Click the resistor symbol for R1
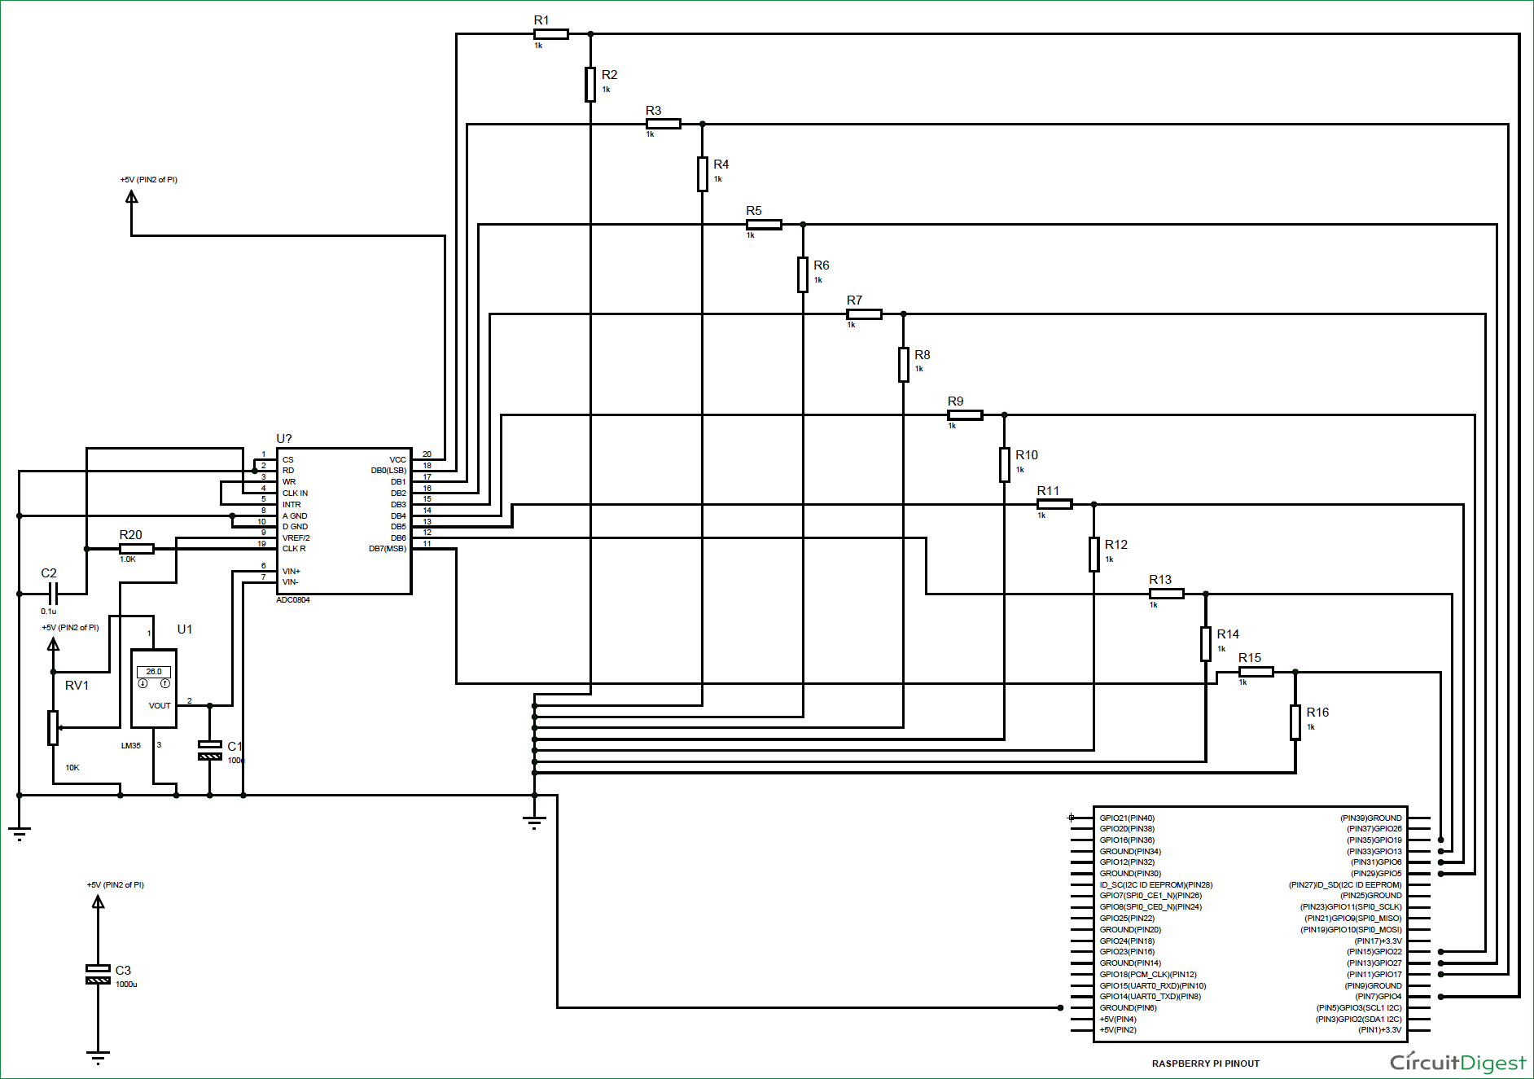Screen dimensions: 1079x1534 tap(550, 34)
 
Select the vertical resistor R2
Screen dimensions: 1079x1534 tap(590, 85)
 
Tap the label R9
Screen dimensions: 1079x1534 tap(955, 401)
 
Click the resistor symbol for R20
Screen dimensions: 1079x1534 tap(136, 549)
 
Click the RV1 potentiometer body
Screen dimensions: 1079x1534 tap(53, 727)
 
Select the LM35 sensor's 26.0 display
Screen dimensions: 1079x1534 tap(154, 672)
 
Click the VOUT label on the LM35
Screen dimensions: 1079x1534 tap(160, 706)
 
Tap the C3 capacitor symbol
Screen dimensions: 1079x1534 tap(98, 974)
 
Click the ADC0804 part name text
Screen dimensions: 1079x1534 tap(293, 600)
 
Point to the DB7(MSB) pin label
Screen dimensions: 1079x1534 tap(387, 549)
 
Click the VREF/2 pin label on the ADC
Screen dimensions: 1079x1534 tap(296, 538)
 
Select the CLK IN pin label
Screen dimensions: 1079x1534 tap(295, 493)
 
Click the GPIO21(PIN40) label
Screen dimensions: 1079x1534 tap(1127, 818)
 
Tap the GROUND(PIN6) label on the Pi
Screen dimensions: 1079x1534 tap(1128, 1008)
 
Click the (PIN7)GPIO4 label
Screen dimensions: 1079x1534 tap(1378, 997)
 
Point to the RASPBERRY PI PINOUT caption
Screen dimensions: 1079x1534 tap(1205, 1064)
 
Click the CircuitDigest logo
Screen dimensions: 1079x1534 tap(1457, 1063)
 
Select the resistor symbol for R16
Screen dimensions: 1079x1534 tap(1295, 722)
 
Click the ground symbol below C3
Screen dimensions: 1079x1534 tap(98, 1058)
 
